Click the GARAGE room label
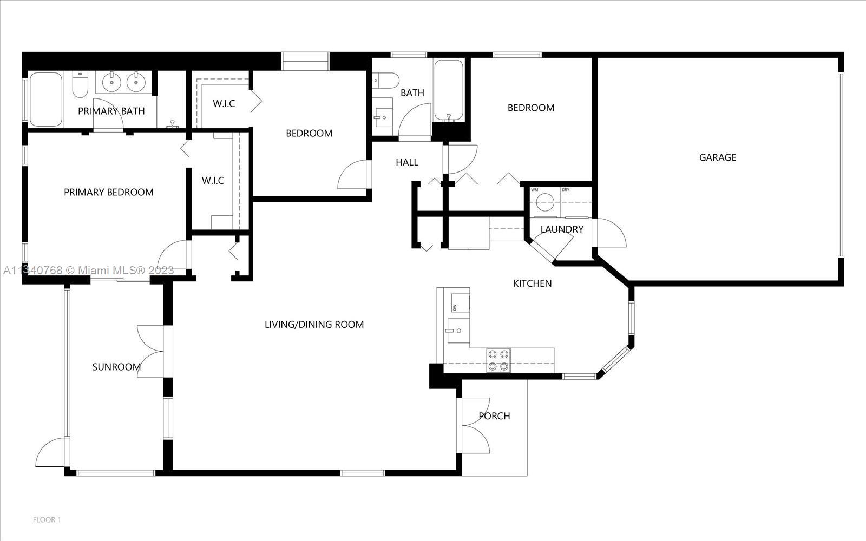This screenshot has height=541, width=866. coord(718,157)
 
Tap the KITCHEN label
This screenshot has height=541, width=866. coord(533,283)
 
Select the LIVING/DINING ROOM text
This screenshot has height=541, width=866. coord(314,324)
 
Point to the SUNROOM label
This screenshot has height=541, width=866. coord(116,367)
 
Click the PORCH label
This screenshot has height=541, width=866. coord(494,416)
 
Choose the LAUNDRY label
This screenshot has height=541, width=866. coord(562,229)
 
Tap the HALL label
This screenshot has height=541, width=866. coord(406,162)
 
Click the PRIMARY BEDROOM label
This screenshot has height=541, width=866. coord(109,192)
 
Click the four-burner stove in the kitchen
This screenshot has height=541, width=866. coord(498,360)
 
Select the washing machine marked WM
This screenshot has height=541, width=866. coord(545,201)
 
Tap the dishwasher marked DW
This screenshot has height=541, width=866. coord(460,303)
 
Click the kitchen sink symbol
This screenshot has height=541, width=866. coord(458,331)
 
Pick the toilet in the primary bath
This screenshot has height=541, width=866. coord(81,84)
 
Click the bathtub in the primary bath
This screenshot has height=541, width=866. coord(45,100)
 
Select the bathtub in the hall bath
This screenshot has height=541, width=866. coord(449,90)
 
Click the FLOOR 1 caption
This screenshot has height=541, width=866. coord(47,520)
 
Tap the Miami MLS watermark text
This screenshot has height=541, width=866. coord(89,270)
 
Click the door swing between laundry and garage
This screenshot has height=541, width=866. coord(609,233)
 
